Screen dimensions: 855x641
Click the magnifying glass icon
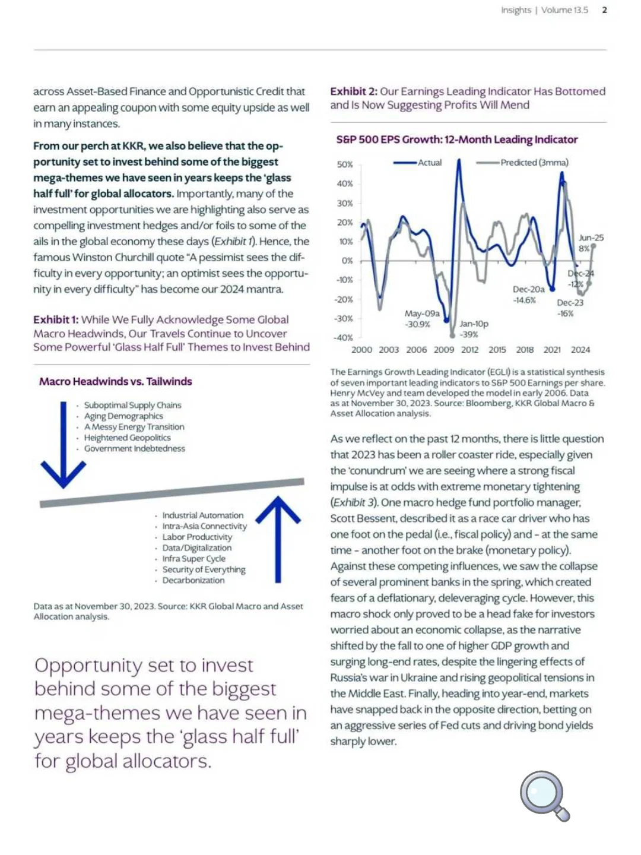coord(544,794)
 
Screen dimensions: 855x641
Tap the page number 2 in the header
coord(604,10)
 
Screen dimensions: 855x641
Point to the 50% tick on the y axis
coord(345,164)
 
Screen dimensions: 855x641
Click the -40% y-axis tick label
coord(343,338)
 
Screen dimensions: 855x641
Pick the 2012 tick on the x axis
coord(469,350)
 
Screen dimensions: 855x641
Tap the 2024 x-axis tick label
coord(580,350)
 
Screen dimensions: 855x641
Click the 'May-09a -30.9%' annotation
coord(421,318)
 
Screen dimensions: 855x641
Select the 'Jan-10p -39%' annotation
coord(473,329)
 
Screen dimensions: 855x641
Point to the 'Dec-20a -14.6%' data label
coord(528,294)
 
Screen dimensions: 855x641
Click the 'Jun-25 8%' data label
coord(591,243)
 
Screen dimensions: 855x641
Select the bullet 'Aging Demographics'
coord(123,416)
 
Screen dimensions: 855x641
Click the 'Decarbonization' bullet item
coord(193,580)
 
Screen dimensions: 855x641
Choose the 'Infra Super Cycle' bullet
coord(193,559)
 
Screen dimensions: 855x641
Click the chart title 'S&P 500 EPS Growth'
coord(456,140)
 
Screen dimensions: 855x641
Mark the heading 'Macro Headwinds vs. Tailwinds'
coord(116,381)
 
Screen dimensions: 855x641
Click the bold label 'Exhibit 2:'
coord(353,91)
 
